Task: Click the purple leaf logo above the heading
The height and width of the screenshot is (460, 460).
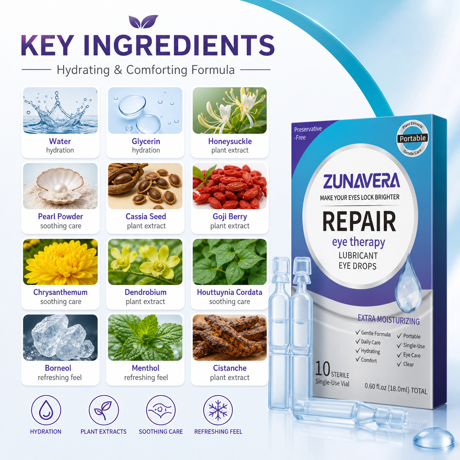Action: coord(143,22)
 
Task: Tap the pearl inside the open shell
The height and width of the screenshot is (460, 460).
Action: coord(60,190)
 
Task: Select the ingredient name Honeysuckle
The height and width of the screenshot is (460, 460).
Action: coord(230,141)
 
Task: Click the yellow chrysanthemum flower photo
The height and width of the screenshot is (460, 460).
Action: coord(61,262)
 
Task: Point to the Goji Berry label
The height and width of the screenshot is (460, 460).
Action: coord(230,216)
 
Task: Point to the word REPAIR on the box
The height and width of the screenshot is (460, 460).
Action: coord(359,222)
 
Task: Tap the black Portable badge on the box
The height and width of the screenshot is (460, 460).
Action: coord(413,138)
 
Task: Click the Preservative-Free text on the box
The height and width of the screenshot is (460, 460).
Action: coord(308,133)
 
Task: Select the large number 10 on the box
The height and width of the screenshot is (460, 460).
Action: coord(322,369)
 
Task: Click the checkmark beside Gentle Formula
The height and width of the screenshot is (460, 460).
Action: coord(358,332)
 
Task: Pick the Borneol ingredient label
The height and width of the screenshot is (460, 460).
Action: coord(58,368)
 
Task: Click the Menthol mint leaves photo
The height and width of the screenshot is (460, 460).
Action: coord(145,337)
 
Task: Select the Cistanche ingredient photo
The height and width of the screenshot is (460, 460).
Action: coord(230,337)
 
